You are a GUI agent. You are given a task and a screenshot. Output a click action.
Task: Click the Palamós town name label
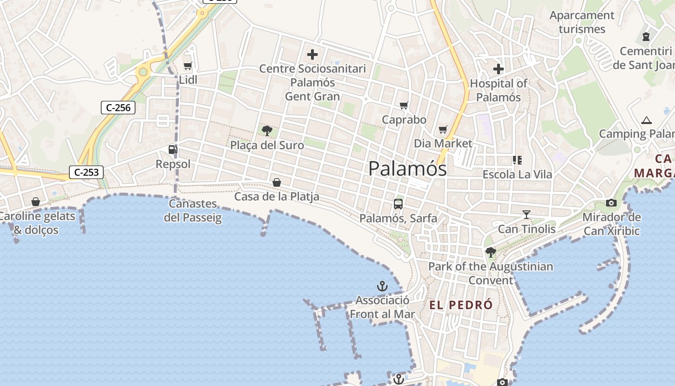[407, 169]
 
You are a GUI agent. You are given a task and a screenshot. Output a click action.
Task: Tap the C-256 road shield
[118, 108]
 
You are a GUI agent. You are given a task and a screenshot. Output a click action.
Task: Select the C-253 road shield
[86, 172]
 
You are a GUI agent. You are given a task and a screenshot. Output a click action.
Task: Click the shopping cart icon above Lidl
[188, 66]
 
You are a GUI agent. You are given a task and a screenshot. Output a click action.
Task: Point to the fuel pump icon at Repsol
[173, 150]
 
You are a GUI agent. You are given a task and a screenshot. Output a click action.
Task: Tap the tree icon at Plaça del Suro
[267, 130]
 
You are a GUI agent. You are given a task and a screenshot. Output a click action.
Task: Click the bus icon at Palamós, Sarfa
[398, 204]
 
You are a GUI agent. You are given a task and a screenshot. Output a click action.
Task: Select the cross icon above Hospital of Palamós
[498, 69]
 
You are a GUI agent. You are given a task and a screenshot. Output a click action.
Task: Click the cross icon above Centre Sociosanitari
[312, 55]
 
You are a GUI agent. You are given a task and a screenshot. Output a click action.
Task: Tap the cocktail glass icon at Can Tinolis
[526, 215]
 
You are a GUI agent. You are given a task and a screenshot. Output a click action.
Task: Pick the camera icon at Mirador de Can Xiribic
[611, 203]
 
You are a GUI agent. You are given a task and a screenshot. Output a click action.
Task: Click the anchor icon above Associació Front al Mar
[382, 287]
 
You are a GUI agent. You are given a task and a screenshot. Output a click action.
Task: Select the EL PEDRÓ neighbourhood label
[461, 305]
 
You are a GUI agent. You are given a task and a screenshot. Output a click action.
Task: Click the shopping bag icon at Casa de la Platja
[277, 182]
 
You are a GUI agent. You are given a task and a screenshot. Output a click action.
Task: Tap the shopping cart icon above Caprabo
[404, 106]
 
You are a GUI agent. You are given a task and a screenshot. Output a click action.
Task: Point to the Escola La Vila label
[517, 174]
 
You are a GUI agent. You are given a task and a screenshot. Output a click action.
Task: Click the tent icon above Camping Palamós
[646, 120]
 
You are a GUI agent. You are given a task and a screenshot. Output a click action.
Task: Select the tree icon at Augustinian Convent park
[490, 252]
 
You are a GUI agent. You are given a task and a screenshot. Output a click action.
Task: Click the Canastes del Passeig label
[193, 210]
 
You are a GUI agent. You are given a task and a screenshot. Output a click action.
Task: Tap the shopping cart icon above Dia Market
[443, 129]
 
